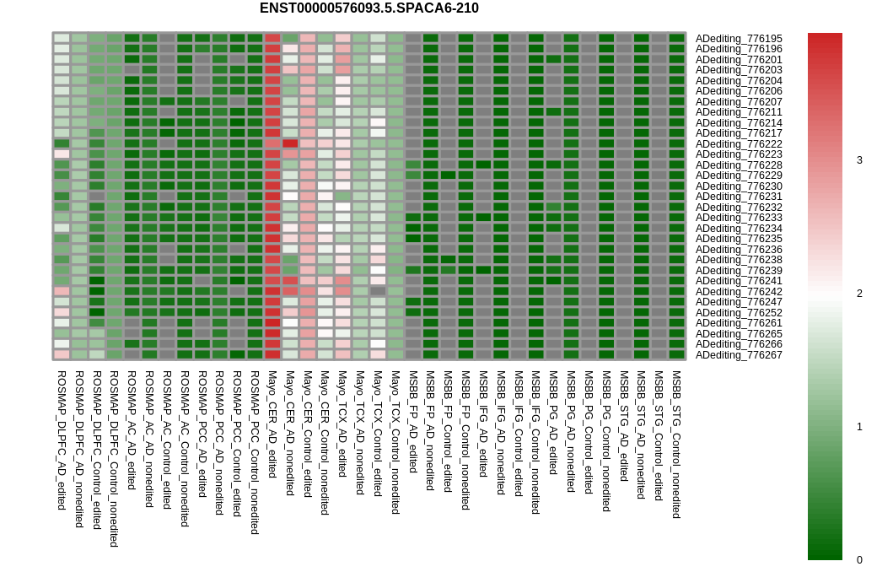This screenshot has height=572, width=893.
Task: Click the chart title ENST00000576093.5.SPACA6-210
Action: pos(368,8)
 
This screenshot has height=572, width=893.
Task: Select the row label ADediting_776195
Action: pos(739,39)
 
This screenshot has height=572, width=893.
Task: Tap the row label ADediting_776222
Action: pos(739,144)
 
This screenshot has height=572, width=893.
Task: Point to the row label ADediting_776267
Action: pos(739,355)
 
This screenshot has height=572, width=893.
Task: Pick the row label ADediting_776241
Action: pos(739,281)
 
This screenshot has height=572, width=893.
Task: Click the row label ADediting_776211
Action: pos(739,112)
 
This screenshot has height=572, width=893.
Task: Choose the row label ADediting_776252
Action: pos(739,313)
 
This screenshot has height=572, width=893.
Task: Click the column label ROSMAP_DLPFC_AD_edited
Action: pos(62,440)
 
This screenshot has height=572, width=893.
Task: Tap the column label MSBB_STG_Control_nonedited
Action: pos(676,444)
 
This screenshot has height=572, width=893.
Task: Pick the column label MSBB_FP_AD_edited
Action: pos(413,421)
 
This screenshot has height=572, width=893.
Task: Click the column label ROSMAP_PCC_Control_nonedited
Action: pos(255,452)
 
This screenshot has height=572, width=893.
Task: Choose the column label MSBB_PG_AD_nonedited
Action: pos(571,433)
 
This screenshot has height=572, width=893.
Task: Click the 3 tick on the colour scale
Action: pos(859,160)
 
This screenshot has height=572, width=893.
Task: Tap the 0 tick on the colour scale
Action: pos(859,560)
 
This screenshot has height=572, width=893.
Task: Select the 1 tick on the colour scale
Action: pos(859,427)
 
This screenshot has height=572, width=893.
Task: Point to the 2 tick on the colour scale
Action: pos(859,294)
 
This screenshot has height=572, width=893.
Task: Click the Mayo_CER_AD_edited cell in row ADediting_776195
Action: pos(272,38)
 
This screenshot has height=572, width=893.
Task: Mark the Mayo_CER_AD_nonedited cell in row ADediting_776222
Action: pos(290,143)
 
